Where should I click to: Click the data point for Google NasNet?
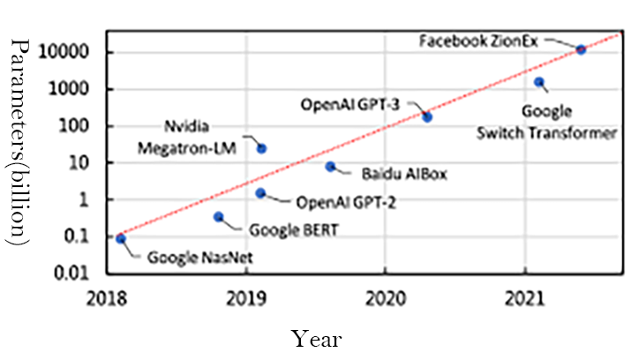click(x=121, y=238)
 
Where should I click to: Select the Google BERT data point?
click(x=219, y=217)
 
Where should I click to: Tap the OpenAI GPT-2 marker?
click(x=260, y=193)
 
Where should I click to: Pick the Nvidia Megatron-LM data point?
click(x=261, y=148)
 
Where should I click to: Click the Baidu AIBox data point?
click(x=330, y=166)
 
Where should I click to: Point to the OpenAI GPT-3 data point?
click(x=427, y=116)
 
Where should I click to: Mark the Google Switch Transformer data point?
click(x=539, y=82)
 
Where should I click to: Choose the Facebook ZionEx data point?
click(x=581, y=49)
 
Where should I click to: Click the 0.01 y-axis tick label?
click(x=89, y=274)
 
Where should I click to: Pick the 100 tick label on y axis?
click(x=93, y=126)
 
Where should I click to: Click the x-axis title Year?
click(x=318, y=338)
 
